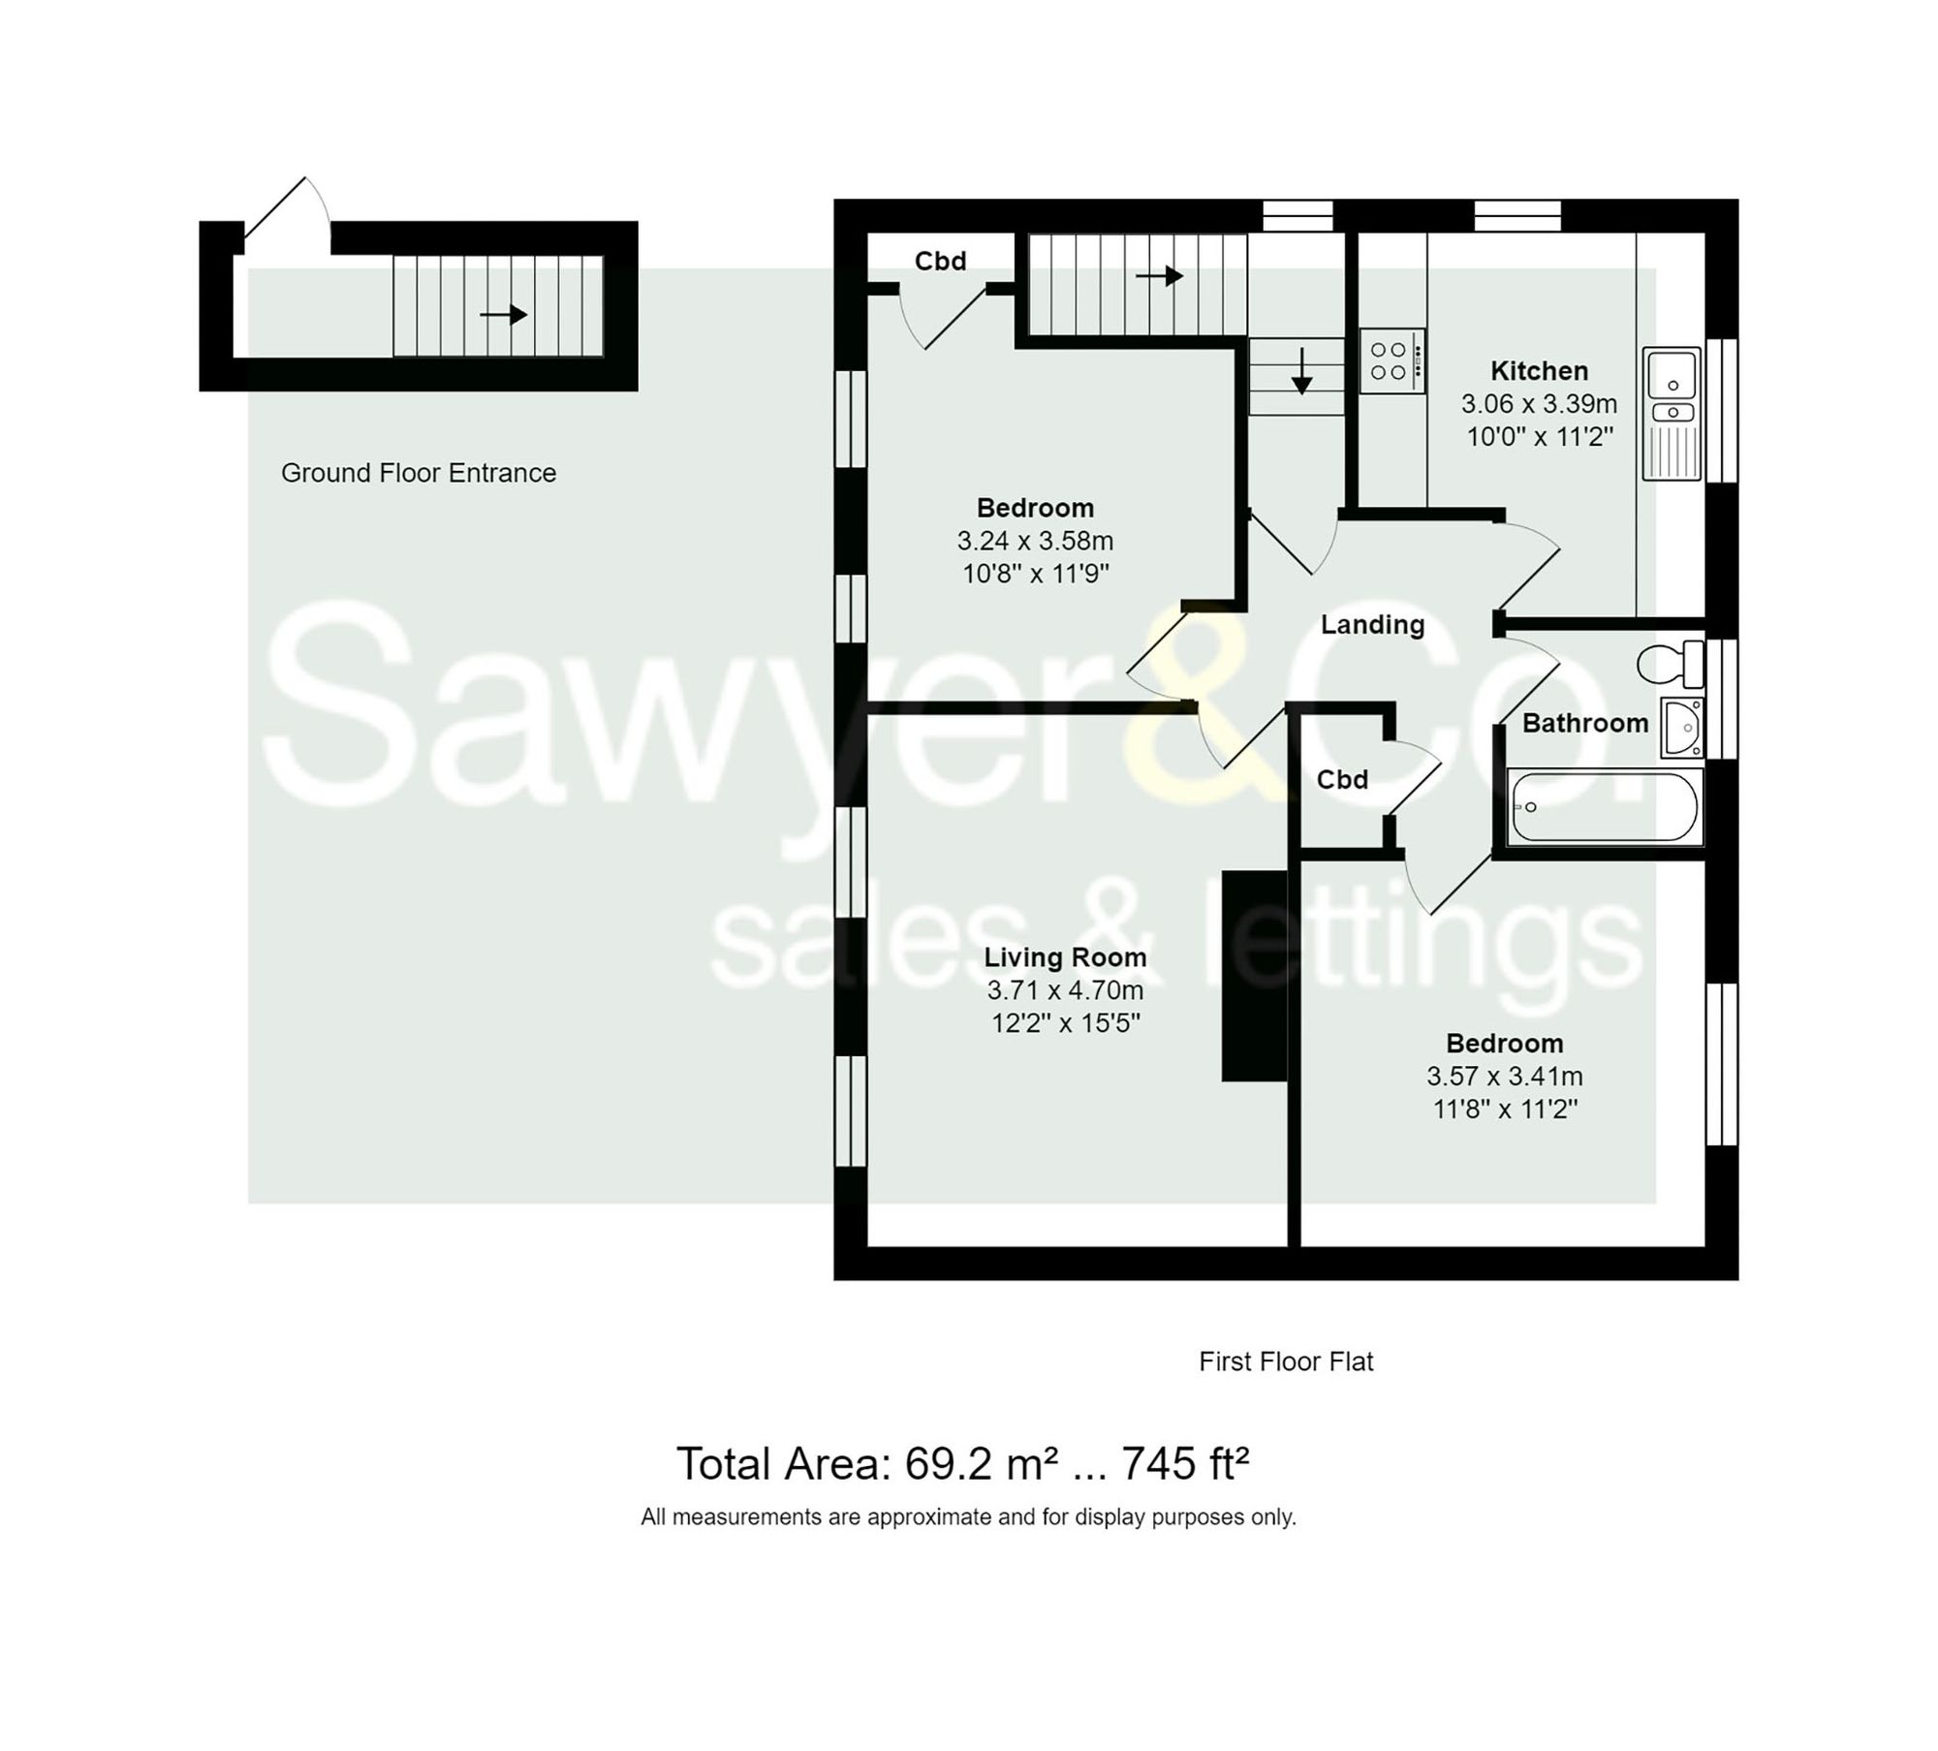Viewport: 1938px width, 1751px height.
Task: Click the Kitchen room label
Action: click(x=1538, y=370)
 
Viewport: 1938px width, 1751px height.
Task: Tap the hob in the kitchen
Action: click(x=1391, y=360)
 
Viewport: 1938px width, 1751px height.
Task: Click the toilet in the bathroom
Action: click(x=1669, y=664)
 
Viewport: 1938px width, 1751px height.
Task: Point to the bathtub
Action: click(x=1604, y=806)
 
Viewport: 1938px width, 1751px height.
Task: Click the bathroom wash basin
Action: click(x=1682, y=727)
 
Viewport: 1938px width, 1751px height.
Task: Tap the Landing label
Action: click(x=1372, y=624)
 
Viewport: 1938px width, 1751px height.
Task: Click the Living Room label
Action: click(x=1065, y=957)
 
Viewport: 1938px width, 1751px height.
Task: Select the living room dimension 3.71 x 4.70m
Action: click(x=1065, y=990)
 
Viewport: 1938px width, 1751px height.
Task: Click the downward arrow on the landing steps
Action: click(x=1301, y=371)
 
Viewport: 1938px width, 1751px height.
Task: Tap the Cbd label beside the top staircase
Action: click(x=940, y=261)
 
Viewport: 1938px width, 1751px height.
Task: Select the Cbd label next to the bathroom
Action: click(x=1342, y=779)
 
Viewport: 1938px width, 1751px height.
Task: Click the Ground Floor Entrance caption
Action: click(x=419, y=473)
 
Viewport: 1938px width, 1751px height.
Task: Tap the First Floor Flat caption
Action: click(x=1286, y=1361)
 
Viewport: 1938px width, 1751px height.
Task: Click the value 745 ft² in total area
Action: click(x=1184, y=1464)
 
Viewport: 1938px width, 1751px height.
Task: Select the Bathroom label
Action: click(x=1584, y=723)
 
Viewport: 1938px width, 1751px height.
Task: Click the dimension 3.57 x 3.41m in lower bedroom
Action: click(x=1504, y=1076)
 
